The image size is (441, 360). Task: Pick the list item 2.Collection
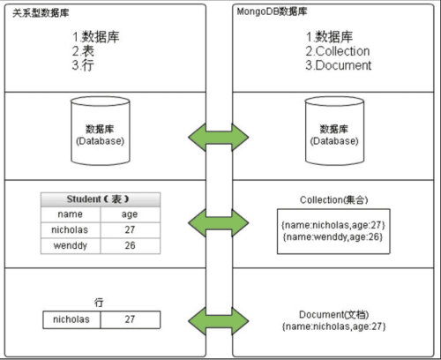(338, 51)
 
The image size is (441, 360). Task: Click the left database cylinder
(99, 134)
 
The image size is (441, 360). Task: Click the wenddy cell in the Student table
(71, 245)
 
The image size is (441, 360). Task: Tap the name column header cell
(71, 214)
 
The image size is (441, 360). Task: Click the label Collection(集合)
(333, 200)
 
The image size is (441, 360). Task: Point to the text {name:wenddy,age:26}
(333, 237)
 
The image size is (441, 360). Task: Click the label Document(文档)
(333, 315)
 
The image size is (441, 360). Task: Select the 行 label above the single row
(100, 302)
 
